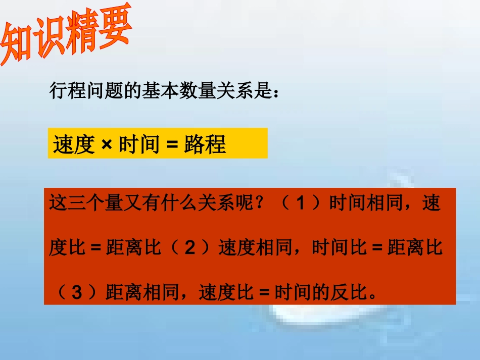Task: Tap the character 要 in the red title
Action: [x=114, y=28]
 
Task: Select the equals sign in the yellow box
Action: [x=172, y=145]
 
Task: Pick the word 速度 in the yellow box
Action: [x=74, y=145]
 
